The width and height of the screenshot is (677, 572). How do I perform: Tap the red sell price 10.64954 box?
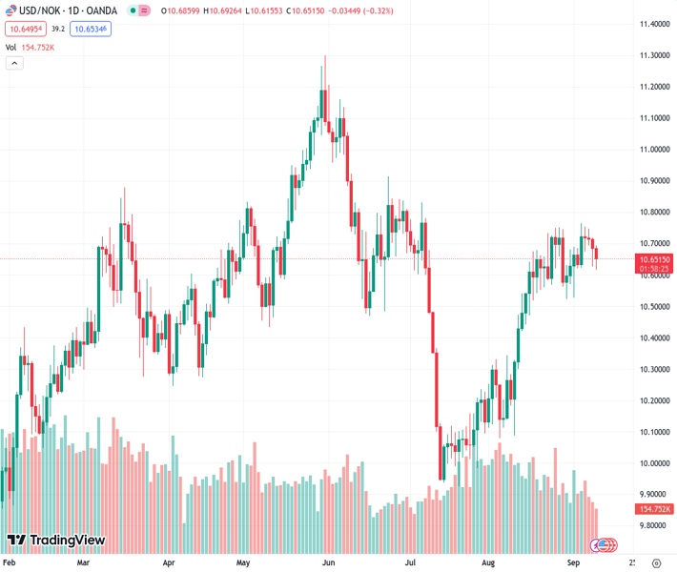24,30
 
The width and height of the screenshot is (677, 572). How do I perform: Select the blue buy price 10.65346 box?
91,30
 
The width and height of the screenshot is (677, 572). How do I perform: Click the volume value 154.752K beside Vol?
38,47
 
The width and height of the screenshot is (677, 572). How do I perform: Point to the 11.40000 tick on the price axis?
654,24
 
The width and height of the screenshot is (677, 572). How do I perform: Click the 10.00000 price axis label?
654,463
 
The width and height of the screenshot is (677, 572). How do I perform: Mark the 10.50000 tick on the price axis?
654,306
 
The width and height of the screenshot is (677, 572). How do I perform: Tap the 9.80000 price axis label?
654,525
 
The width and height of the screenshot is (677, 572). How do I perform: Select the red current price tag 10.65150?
654,259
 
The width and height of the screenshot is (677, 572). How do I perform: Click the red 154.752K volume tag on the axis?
654,510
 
